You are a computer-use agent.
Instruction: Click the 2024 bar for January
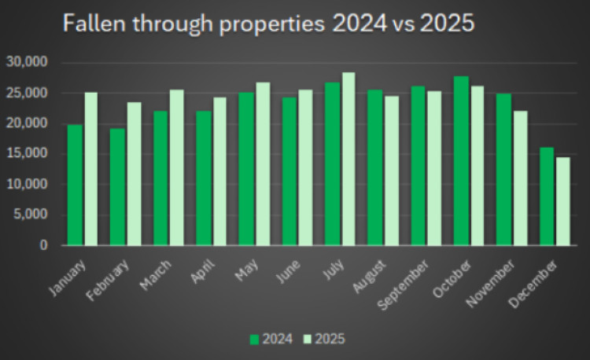click(x=75, y=185)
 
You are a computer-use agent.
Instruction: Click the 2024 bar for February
click(x=117, y=187)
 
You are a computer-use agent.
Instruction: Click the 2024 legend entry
click(x=271, y=340)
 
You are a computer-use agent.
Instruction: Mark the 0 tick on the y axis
click(x=43, y=246)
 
